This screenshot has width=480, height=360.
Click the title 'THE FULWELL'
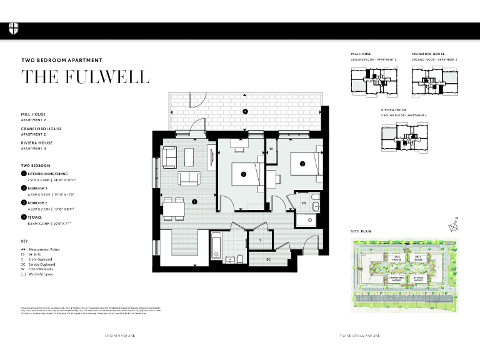click(86, 77)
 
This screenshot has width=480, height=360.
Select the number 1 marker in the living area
click(194, 201)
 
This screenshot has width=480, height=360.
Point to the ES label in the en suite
click(304, 203)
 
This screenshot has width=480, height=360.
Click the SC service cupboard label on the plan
click(268, 259)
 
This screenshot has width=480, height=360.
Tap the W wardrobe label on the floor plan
click(271, 149)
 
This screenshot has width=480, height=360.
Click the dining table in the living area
click(172, 207)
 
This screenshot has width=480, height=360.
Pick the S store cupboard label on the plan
click(261, 239)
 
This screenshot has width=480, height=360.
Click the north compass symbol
click(454, 226)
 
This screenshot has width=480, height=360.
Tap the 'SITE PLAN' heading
click(361, 231)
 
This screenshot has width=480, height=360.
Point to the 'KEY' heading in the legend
click(24, 241)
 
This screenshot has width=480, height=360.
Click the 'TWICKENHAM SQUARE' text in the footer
click(357, 336)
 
